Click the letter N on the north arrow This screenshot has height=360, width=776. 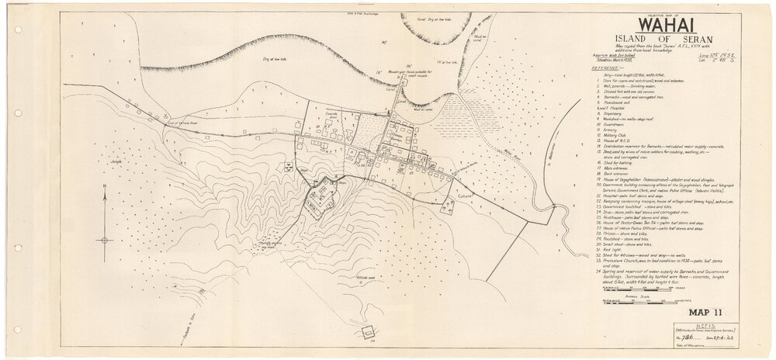point(105,187)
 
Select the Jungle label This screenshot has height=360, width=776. point(117,162)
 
